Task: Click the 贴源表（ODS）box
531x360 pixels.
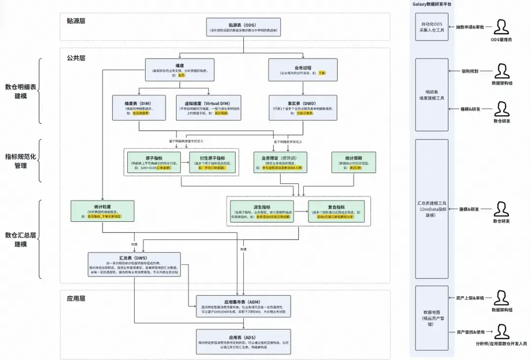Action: click(242, 28)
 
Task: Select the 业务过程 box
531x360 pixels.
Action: click(302, 70)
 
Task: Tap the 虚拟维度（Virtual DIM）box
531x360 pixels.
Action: click(209, 107)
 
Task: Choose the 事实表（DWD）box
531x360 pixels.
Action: click(302, 107)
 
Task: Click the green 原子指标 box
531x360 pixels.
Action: click(154, 162)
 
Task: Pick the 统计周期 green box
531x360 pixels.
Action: click(354, 162)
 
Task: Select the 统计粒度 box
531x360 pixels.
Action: click(102, 210)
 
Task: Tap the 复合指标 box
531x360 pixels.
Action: click(336, 210)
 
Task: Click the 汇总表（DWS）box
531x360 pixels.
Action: click(134, 264)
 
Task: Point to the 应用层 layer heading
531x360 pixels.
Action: click(76, 298)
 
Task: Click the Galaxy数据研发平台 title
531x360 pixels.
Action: click(432, 4)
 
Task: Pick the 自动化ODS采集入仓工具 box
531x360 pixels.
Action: click(431, 27)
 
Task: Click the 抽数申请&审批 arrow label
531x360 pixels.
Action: click(470, 27)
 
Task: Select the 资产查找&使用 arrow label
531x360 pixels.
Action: click(471, 332)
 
